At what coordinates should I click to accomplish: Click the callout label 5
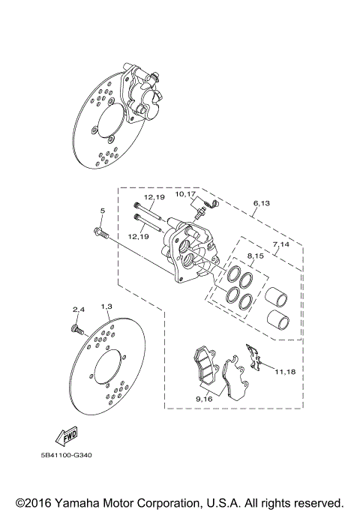103,212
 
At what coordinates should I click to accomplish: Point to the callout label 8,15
256,256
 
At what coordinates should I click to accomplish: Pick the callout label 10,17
186,193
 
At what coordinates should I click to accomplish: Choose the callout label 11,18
285,371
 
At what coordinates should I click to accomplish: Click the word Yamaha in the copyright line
77,502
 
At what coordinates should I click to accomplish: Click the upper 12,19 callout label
155,198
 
